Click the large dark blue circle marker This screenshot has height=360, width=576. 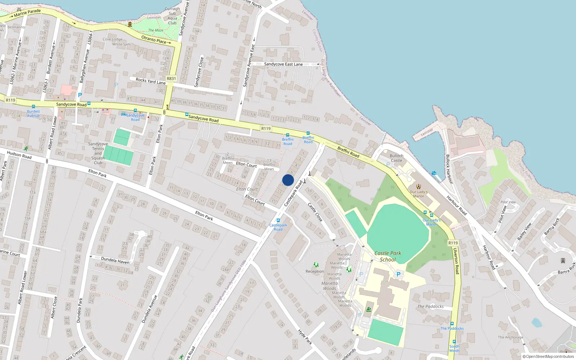tap(288, 180)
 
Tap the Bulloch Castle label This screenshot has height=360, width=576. tap(396, 158)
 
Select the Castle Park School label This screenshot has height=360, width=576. tap(388, 256)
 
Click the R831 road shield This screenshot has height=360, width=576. tap(171, 78)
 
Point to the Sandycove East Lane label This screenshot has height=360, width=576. tap(283, 64)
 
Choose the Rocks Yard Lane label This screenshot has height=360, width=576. tap(150, 81)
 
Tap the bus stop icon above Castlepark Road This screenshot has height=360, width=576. tap(278, 220)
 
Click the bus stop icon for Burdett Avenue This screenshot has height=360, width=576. tap(33, 107)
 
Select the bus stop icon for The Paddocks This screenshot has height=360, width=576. tap(452, 324)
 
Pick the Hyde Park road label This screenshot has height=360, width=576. tap(305, 337)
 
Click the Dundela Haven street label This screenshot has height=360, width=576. tap(115, 260)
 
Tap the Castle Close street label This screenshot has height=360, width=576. tap(315, 212)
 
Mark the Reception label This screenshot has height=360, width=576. tap(315, 271)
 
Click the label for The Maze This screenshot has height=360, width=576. tap(156, 30)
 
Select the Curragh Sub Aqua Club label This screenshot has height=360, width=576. tap(172, 16)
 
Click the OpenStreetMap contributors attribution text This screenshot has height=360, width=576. tap(548, 357)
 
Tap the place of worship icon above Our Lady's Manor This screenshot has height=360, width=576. tap(418, 186)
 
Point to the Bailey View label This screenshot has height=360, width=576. tap(524, 232)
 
